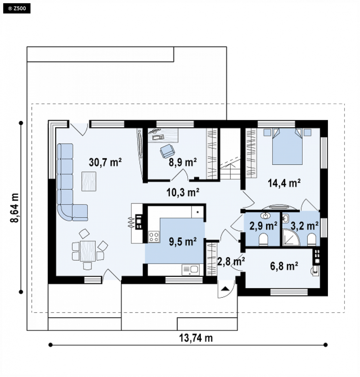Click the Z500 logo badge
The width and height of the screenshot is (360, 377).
coord(17,9)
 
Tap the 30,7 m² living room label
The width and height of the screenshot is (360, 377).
coord(105,162)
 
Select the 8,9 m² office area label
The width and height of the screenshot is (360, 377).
coord(183,162)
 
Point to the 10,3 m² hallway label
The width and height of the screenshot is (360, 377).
coord(183,192)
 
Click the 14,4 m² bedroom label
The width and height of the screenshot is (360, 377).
coord(284,183)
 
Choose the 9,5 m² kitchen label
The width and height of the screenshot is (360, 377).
coord(183,242)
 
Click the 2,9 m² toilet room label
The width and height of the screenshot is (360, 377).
coord(264,226)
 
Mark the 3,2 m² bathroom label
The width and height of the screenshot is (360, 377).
coord(304,226)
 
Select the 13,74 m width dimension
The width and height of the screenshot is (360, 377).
coord(196,338)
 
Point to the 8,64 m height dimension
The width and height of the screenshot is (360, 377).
coord(14,208)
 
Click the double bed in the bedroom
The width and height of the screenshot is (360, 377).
coord(287,147)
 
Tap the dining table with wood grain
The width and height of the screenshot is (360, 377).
coord(88,251)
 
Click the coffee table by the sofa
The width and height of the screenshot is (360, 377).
coord(89,181)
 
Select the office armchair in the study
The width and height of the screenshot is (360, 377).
coord(167,151)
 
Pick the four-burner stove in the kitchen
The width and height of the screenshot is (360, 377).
coord(154,236)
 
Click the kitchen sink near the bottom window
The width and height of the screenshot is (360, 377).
coord(191,270)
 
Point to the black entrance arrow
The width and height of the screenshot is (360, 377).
coord(225,289)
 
